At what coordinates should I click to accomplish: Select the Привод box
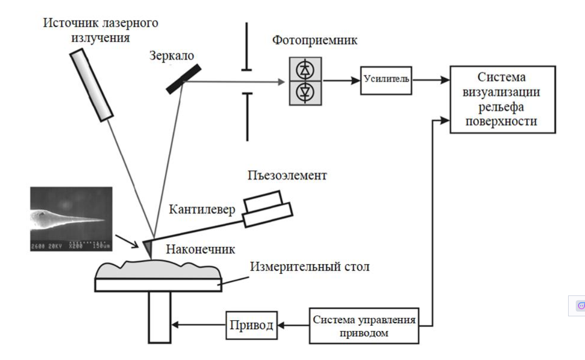coord(251,326)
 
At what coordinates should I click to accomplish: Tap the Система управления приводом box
coord(364,326)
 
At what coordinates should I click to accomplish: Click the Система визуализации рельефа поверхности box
coord(502,99)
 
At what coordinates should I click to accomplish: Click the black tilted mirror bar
coord(184,78)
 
